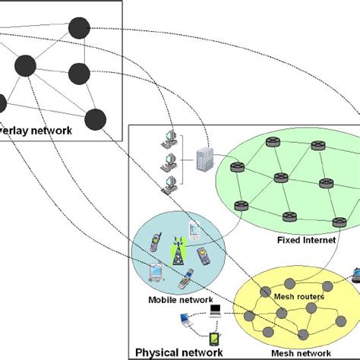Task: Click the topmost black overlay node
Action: pos(79,28)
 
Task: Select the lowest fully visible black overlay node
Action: pos(95,118)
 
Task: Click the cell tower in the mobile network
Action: pos(178,252)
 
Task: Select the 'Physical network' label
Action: pos(178,352)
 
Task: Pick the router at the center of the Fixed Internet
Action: pos(279,178)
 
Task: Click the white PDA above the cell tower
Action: pos(194,227)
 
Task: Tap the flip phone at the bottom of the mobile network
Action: pos(184,283)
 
